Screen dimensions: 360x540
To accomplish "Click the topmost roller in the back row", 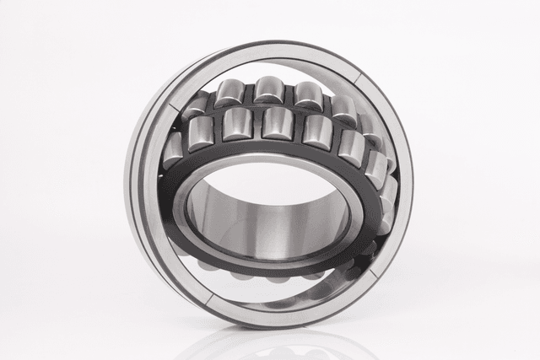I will coord(268,89).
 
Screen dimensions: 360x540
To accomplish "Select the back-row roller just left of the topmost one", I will coord(231,93).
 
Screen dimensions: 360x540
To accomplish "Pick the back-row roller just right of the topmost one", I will coord(307,94).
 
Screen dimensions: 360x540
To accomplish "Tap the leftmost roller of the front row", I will coord(174,149).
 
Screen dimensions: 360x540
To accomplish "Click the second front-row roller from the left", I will coord(202,133).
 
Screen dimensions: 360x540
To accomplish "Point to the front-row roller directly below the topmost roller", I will coord(277,123).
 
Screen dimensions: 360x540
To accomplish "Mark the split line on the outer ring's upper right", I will coord(359,78).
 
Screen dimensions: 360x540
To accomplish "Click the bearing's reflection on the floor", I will coord(270,341).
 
